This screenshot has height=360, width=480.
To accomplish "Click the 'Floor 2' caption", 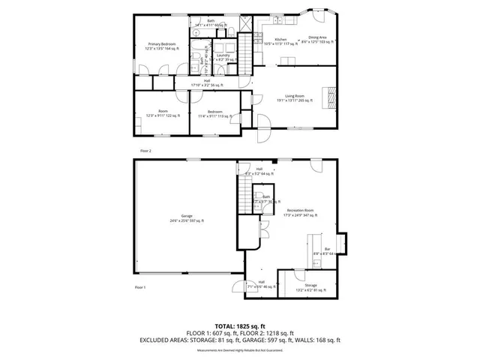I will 145,151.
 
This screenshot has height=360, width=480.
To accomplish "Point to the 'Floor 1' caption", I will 139,287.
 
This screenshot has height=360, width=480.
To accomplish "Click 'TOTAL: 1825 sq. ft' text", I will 239,327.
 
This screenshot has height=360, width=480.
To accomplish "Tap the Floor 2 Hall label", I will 206,82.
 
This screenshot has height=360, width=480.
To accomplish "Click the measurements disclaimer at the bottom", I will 239,350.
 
